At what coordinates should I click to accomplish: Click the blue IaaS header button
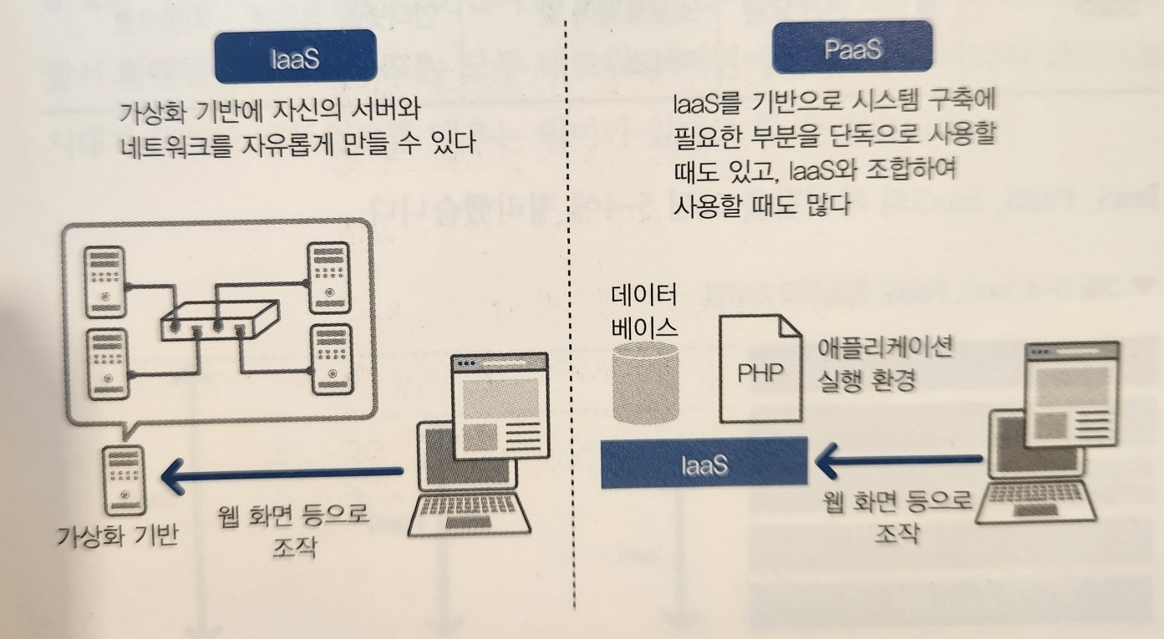pos(296,58)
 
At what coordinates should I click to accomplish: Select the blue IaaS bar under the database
pos(704,463)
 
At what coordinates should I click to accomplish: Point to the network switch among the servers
pos(220,319)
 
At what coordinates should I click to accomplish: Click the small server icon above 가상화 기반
pos(122,480)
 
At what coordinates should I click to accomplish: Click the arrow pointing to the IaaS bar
pos(898,459)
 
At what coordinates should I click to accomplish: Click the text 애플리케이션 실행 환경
pos(883,364)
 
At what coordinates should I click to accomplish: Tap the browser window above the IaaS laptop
pos(500,406)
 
